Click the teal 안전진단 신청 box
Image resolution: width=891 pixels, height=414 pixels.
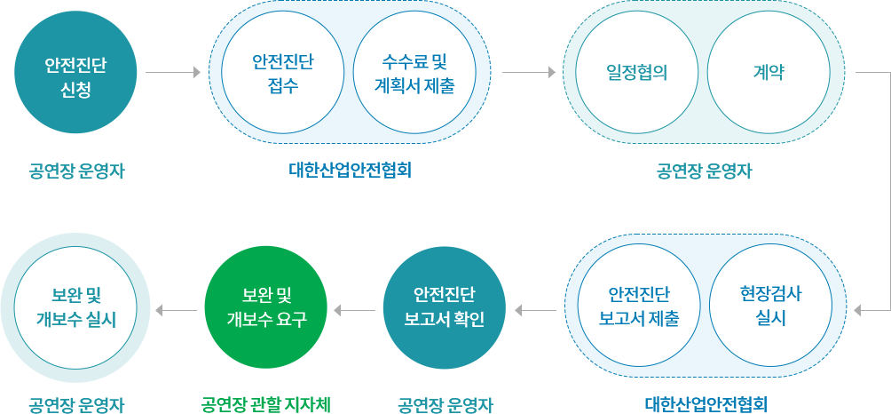75,73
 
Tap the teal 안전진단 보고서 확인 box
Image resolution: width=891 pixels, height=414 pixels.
444,307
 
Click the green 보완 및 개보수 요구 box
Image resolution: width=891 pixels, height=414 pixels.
265,307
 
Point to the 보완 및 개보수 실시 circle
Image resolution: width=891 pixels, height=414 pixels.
76,307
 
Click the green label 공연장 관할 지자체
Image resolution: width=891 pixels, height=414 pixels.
265,405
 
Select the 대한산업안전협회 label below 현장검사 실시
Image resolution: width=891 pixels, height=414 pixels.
706,405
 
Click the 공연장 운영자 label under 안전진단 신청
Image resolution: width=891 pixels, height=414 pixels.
76,170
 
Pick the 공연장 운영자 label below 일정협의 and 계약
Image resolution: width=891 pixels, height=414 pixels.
705,170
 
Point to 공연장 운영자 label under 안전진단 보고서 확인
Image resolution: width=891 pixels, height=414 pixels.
444,405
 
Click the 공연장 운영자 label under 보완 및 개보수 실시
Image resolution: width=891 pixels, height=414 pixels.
76,405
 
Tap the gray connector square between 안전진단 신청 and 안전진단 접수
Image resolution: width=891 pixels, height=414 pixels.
196,72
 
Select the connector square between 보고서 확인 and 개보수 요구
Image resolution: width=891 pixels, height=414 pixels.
337,310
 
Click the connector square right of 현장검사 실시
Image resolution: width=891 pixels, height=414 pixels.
858,310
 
